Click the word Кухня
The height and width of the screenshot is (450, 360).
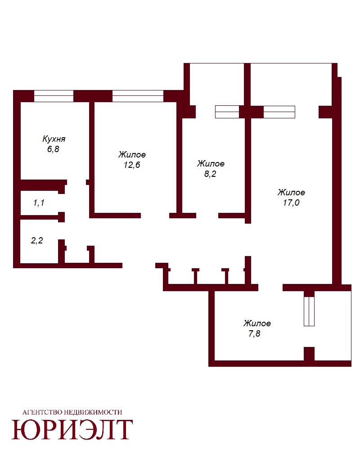click(54, 139)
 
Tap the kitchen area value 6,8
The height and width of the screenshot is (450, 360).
click(53, 149)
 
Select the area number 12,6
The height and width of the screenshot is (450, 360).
click(132, 165)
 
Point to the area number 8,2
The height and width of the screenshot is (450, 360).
click(210, 174)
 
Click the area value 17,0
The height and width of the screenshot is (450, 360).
click(291, 202)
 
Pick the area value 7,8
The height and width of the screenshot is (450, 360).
click(254, 334)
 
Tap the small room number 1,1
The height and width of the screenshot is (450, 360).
click(39, 203)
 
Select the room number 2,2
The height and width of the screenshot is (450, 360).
click(37, 240)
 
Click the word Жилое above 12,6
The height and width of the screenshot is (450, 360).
click(132, 155)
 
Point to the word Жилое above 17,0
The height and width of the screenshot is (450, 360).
click(291, 192)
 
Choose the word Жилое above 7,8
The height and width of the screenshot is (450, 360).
click(257, 324)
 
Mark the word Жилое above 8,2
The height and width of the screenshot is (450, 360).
click(211, 164)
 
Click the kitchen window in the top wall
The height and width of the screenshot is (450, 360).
click(54, 96)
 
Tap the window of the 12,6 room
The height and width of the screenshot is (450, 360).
click(138, 96)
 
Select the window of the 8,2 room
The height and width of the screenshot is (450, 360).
click(227, 112)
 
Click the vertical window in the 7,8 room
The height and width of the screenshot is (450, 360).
click(309, 311)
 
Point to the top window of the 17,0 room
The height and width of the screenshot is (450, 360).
click(279, 112)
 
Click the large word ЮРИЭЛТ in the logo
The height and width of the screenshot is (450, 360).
click(72, 430)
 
